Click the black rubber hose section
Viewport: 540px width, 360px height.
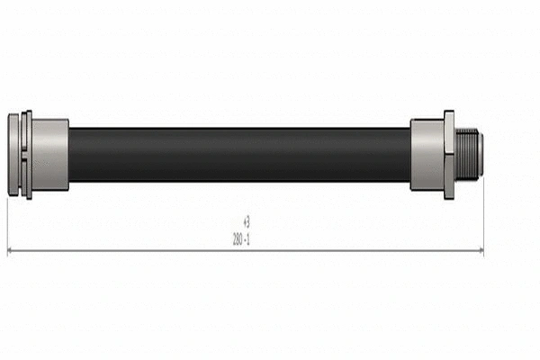(x=239, y=155)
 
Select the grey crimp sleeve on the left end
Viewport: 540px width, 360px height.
(x=50, y=155)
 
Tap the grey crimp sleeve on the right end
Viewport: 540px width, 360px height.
(x=427, y=155)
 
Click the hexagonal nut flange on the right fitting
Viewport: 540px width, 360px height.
(x=448, y=155)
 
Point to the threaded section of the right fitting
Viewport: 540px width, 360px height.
(x=466, y=155)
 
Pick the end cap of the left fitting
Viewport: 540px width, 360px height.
(x=13, y=155)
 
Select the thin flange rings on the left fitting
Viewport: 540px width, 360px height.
(x=27, y=155)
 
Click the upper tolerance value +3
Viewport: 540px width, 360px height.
(x=247, y=220)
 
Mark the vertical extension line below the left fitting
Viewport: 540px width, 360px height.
(x=7, y=225)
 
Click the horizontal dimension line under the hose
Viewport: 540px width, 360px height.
(x=135, y=249)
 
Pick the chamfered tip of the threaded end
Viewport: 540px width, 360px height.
(x=481, y=155)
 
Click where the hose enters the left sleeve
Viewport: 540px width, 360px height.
(x=69, y=155)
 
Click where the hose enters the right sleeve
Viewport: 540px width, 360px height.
(x=411, y=155)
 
